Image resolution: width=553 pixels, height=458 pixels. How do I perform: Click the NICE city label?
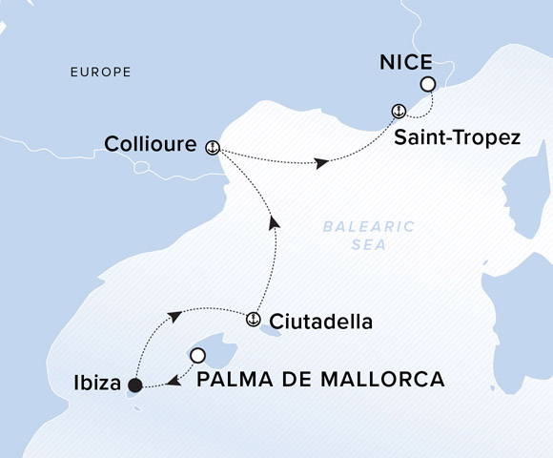(406, 63)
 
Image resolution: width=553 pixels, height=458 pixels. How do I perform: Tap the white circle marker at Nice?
(428, 85)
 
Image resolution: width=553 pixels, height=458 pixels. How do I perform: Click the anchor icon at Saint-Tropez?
(398, 111)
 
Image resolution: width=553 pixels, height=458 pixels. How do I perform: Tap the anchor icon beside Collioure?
(213, 146)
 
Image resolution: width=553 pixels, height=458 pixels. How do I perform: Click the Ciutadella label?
(320, 321)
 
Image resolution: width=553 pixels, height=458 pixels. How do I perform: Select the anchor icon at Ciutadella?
(254, 320)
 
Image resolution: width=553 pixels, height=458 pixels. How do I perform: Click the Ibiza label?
(95, 385)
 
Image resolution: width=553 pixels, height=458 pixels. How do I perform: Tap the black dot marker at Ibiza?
(135, 385)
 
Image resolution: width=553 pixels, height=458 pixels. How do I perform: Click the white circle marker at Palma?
(197, 356)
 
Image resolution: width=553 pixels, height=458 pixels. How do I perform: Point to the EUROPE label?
(100, 73)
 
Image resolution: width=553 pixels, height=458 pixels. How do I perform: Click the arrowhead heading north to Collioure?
(275, 222)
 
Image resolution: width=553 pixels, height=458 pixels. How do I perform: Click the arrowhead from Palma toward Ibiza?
(173, 382)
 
